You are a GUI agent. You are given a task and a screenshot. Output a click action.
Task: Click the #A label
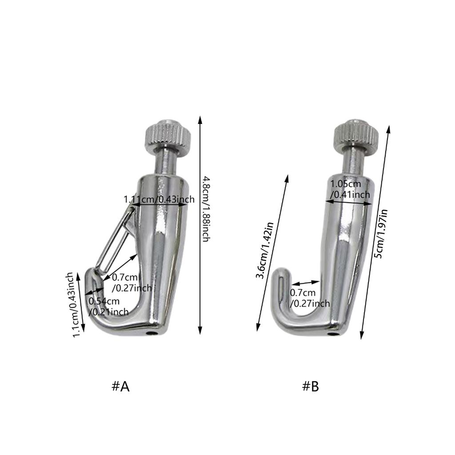[120, 387]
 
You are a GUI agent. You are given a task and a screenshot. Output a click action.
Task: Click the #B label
[311, 387]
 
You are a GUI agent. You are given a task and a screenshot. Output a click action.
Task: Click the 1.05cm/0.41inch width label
[350, 189]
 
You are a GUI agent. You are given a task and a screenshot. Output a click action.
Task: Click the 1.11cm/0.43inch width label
[159, 199]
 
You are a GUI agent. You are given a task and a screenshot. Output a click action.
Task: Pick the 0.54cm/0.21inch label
[109, 307]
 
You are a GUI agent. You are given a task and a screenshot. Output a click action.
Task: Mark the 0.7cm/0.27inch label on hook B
[310, 298]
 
